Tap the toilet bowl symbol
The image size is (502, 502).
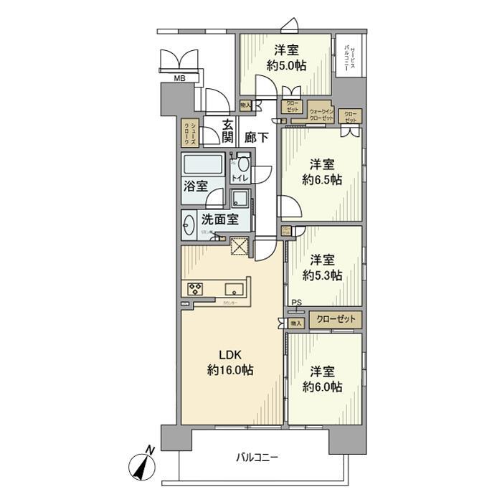point(244,162)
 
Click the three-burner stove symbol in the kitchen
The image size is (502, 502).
point(196,289)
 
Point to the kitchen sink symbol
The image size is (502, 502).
point(234,289)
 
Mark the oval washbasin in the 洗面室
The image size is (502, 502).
point(189,226)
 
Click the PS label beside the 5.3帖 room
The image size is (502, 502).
point(295,303)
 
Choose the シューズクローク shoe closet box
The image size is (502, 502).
point(187,133)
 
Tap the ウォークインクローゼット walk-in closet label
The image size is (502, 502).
point(320,115)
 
